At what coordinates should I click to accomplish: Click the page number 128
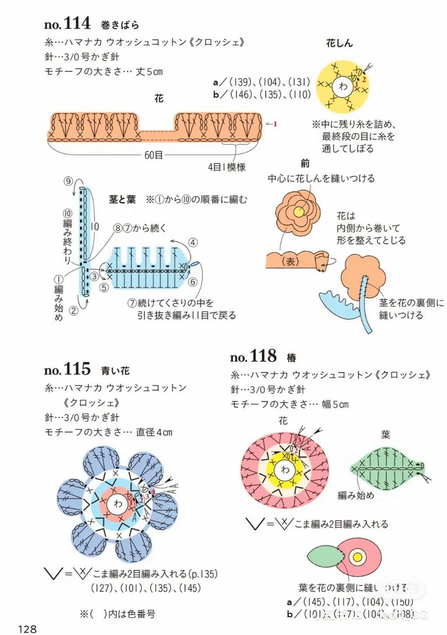(x=27, y=629)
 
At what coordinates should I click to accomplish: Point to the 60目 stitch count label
(x=153, y=155)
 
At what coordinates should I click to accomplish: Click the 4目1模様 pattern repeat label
(x=227, y=167)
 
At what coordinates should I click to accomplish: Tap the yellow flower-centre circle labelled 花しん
(x=343, y=86)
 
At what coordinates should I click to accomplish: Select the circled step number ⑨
(x=68, y=181)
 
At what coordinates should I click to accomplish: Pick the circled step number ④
(x=193, y=243)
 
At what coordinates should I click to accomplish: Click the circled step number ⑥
(x=193, y=282)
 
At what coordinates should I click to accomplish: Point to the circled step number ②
(x=74, y=310)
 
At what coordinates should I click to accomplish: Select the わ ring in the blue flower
(x=118, y=503)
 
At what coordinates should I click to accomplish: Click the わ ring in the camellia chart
(x=285, y=470)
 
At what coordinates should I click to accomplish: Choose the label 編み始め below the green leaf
(x=355, y=495)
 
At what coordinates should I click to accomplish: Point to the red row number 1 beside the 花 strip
(x=275, y=124)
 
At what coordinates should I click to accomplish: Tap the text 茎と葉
(x=122, y=200)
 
